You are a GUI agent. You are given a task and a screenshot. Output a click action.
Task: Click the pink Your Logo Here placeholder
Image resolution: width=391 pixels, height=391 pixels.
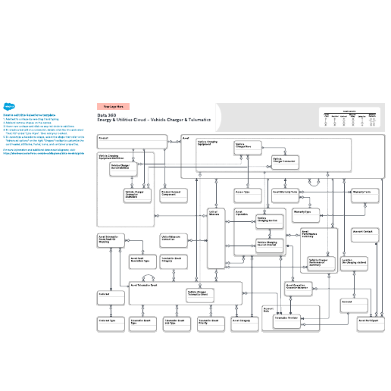click(x=113, y=107)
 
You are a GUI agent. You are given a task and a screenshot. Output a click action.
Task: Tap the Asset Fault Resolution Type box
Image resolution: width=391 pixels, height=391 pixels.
click(x=142, y=260)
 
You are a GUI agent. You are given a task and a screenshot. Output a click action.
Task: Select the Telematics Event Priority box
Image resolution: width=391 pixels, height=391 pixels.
click(x=211, y=323)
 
